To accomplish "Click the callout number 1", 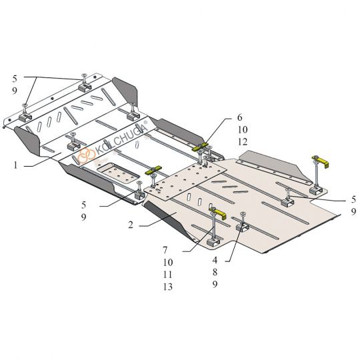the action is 15,165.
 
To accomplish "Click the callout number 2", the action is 131,225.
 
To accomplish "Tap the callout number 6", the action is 240,117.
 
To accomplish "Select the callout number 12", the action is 243,142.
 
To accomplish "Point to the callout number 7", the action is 165,250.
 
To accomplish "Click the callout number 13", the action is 168,287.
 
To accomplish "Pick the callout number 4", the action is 215,260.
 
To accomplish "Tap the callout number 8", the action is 215,272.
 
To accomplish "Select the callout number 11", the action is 168,275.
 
